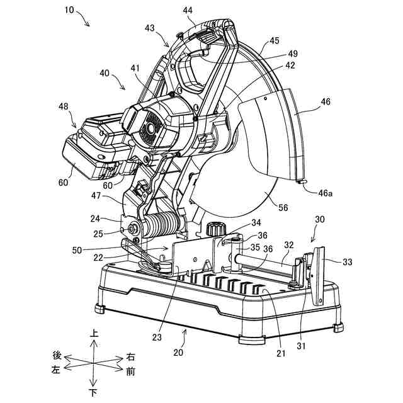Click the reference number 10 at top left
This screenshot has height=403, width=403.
tap(69, 10)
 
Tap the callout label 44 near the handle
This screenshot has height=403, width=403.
tap(188, 10)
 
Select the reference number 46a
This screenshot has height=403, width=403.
tap(326, 193)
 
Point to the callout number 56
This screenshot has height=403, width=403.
tap(283, 207)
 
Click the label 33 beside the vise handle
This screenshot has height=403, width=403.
tap(347, 262)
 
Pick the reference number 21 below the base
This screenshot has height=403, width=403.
tap(281, 353)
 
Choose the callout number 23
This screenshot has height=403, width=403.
tap(157, 338)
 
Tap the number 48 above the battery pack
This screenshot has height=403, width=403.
tap(64, 106)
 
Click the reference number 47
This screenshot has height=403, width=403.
tap(96, 196)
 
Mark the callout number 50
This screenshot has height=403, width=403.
tap(77, 250)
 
